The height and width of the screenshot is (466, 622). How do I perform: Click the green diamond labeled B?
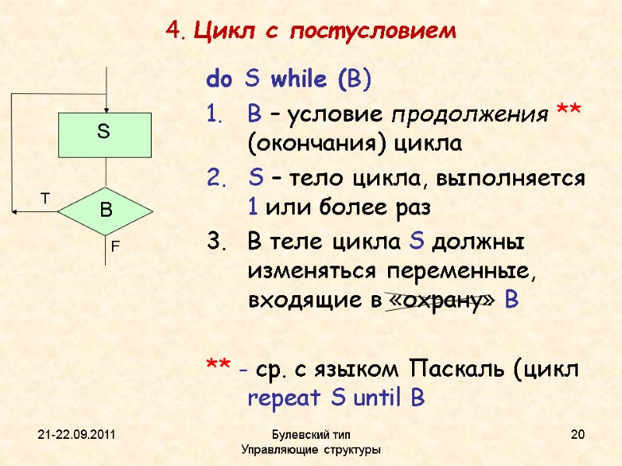click(106, 210)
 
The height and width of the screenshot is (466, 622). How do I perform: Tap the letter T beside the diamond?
click(44, 200)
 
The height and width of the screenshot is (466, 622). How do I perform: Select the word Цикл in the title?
click(219, 32)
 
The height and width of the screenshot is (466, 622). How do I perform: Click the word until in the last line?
click(379, 399)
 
